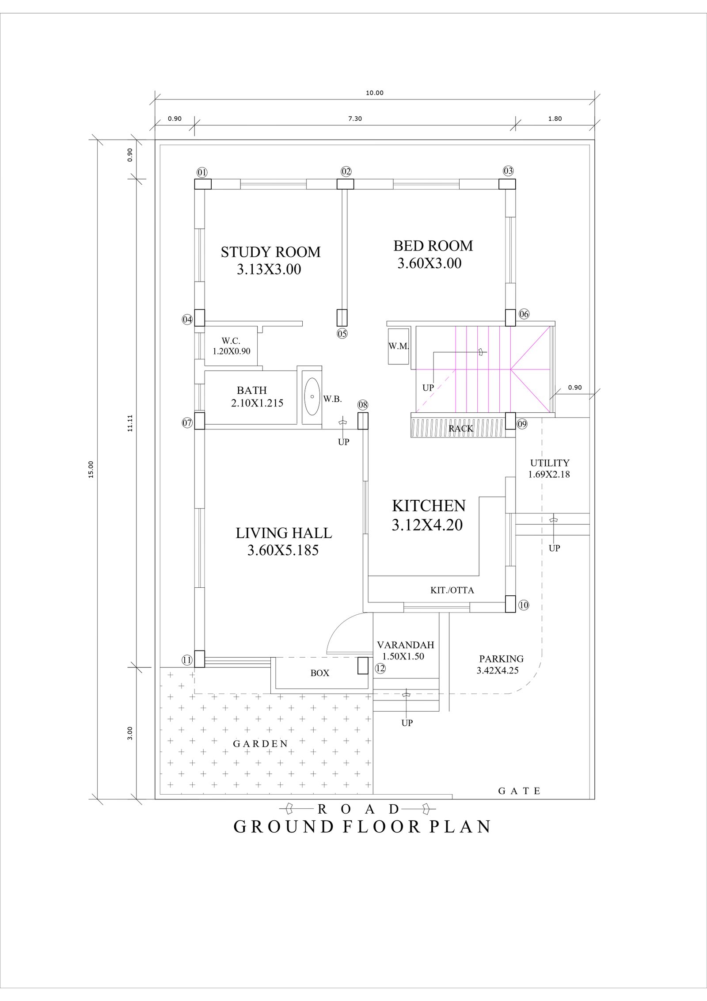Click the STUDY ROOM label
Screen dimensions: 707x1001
270,252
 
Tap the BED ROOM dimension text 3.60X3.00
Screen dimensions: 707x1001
430,263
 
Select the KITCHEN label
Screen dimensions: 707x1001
429,505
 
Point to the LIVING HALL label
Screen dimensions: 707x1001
284,533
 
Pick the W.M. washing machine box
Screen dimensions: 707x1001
399,346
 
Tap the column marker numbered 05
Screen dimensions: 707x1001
342,334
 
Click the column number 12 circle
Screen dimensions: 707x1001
380,681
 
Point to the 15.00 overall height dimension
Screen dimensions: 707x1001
91,469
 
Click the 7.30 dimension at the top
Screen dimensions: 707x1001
355,118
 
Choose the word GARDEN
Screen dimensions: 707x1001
261,744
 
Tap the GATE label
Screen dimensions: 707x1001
519,791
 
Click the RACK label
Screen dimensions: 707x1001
461,428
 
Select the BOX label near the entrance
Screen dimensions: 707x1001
320,685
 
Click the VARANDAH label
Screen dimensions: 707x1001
406,645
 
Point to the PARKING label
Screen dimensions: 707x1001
502,659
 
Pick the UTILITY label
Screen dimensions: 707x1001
550,463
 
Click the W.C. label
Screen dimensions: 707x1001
231,341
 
